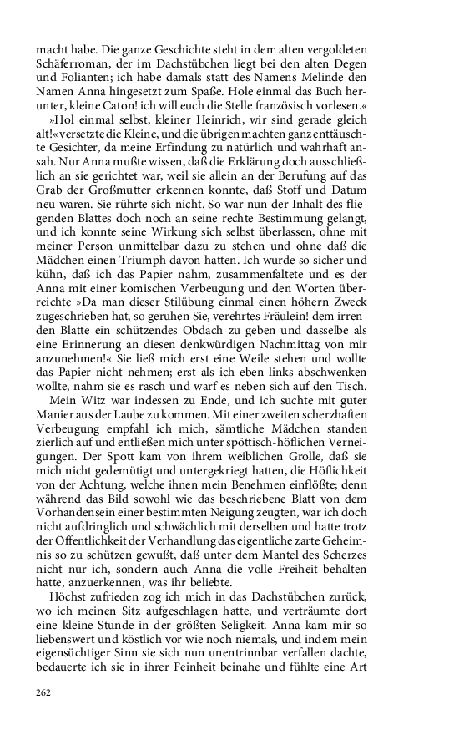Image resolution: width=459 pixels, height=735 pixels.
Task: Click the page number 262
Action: click(x=45, y=692)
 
